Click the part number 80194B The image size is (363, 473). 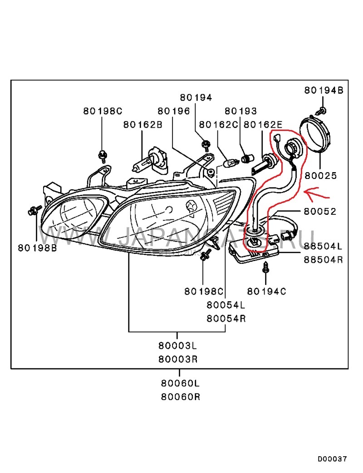coord(324,91)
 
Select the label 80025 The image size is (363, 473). coord(320,175)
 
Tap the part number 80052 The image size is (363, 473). coord(320,211)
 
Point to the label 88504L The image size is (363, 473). coord(323,246)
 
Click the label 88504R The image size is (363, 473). coord(323,260)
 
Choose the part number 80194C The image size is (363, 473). coord(267,291)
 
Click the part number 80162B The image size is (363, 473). coord(142,124)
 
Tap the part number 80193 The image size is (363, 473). coord(240,111)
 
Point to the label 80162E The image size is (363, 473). coord(263,124)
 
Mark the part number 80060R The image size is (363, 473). coord(180,397)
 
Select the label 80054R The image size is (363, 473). coord(226,318)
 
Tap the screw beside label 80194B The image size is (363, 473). coord(323,110)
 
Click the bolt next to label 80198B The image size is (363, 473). coord(33,211)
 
